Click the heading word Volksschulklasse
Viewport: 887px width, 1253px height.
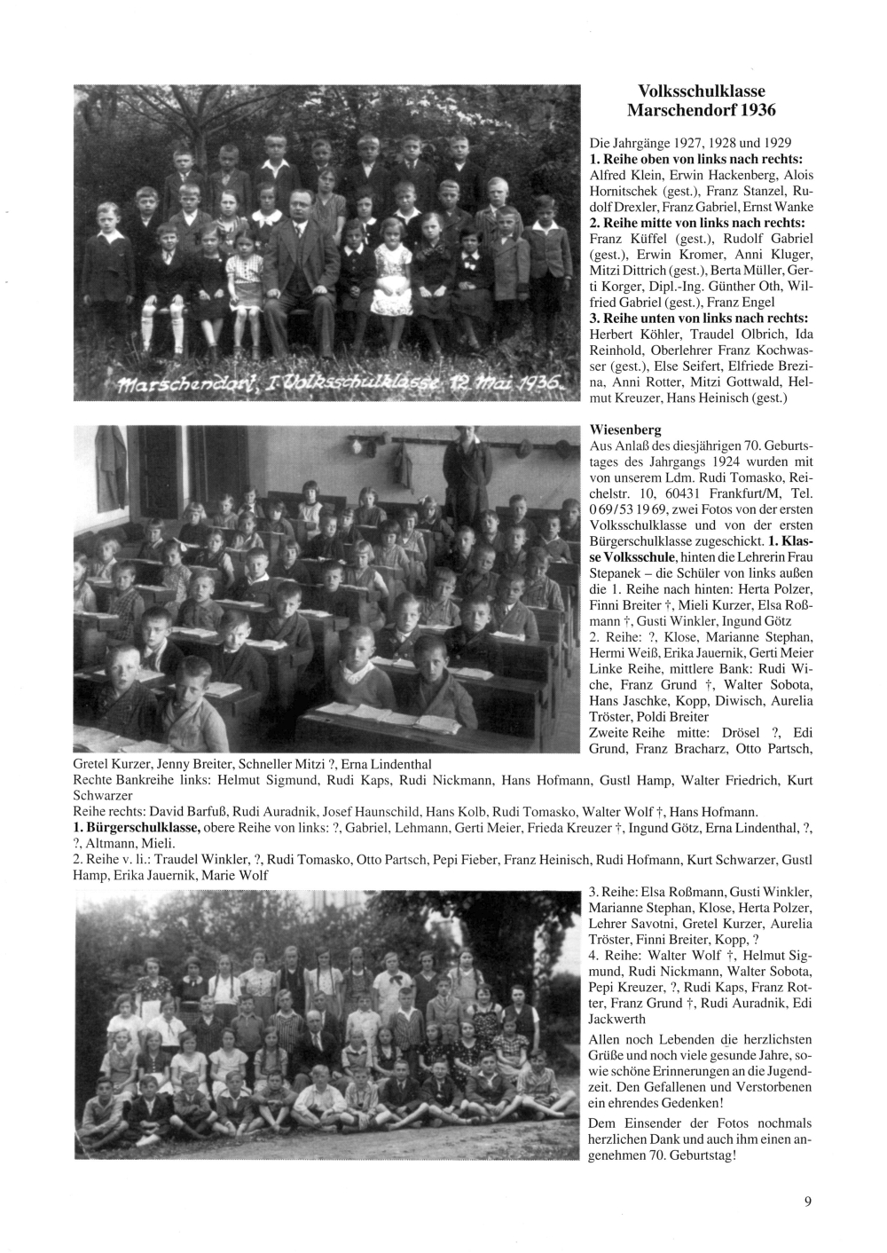pos(701,91)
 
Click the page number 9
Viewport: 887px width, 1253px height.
pos(808,1202)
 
